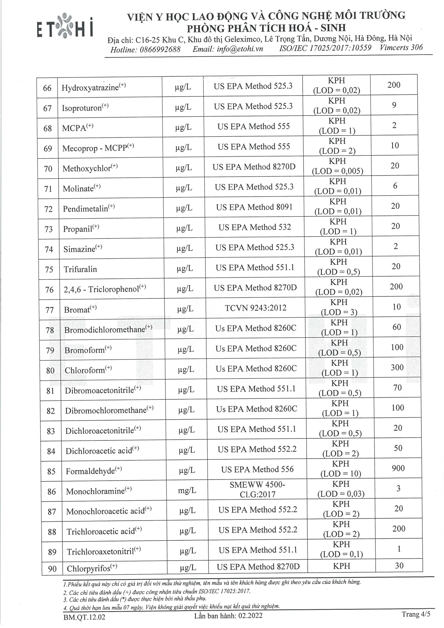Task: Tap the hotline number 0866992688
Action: pos(162,50)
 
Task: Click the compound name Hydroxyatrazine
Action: pos(90,88)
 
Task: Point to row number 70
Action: pos(48,169)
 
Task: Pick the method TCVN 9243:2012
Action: pos(255,308)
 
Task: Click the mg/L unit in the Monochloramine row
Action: pos(187,490)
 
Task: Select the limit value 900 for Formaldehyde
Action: pos(398,468)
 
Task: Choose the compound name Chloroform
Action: pos(85,370)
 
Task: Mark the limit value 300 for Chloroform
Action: pos(397,367)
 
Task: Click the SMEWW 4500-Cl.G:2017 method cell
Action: pos(257,489)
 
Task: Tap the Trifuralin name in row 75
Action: pos(80,269)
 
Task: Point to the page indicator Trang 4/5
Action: pos(416,614)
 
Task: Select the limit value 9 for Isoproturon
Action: pos(394,105)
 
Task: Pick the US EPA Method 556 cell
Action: pos(257,469)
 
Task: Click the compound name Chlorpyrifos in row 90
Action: pos(88,569)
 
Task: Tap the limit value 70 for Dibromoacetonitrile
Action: pos(397,388)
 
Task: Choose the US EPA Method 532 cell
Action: pos(255,227)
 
